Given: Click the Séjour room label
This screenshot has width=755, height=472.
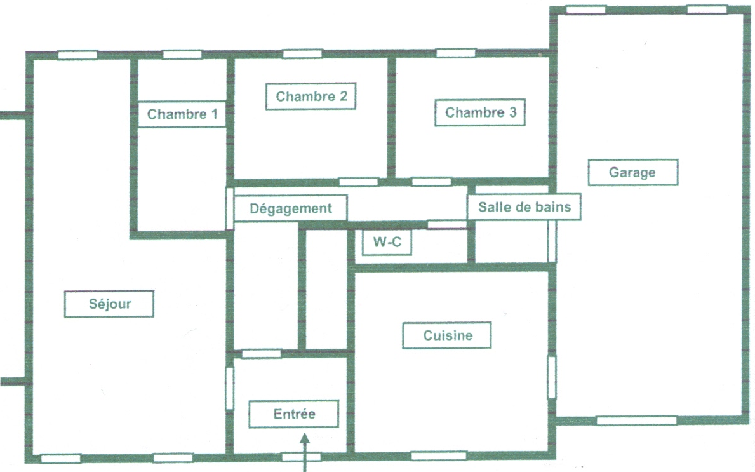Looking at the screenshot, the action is pos(109,304).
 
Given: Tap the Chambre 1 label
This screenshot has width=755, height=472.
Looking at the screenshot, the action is pos(182,114).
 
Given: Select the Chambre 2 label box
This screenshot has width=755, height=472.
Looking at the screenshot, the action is pos(311,97).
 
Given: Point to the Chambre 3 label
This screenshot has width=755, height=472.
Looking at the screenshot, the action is pos(480,112).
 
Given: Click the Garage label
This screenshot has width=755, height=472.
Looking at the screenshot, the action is pos(632,172).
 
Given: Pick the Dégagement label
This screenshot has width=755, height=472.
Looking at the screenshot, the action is pos(290,208).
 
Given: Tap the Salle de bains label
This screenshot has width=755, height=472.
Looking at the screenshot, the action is pos(524,207).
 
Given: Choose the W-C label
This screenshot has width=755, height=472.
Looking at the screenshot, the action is pos(387,242).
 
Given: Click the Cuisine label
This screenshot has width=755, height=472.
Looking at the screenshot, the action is pos(447,335).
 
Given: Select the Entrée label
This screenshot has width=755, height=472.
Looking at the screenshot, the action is pos(294,414).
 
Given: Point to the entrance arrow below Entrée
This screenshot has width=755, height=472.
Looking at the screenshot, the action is pos(304,452).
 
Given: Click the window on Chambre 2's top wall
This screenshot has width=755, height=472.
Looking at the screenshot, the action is pos(302,54).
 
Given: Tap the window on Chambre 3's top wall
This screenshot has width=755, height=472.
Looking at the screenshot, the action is pos(456,53).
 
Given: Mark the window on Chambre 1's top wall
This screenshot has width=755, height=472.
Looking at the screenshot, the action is pos(182,55).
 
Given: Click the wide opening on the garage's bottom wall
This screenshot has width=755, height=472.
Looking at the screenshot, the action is pos(636,421).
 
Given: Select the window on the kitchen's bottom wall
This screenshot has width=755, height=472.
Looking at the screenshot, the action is pos(439,455).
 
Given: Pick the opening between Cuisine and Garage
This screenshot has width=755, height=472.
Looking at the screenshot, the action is pos(552,377).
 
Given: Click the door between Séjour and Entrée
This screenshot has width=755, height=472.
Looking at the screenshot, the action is pos(230,388).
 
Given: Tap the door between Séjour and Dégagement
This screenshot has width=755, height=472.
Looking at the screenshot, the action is pos(230,208).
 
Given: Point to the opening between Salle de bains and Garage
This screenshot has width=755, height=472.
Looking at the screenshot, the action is pos(552,241).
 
